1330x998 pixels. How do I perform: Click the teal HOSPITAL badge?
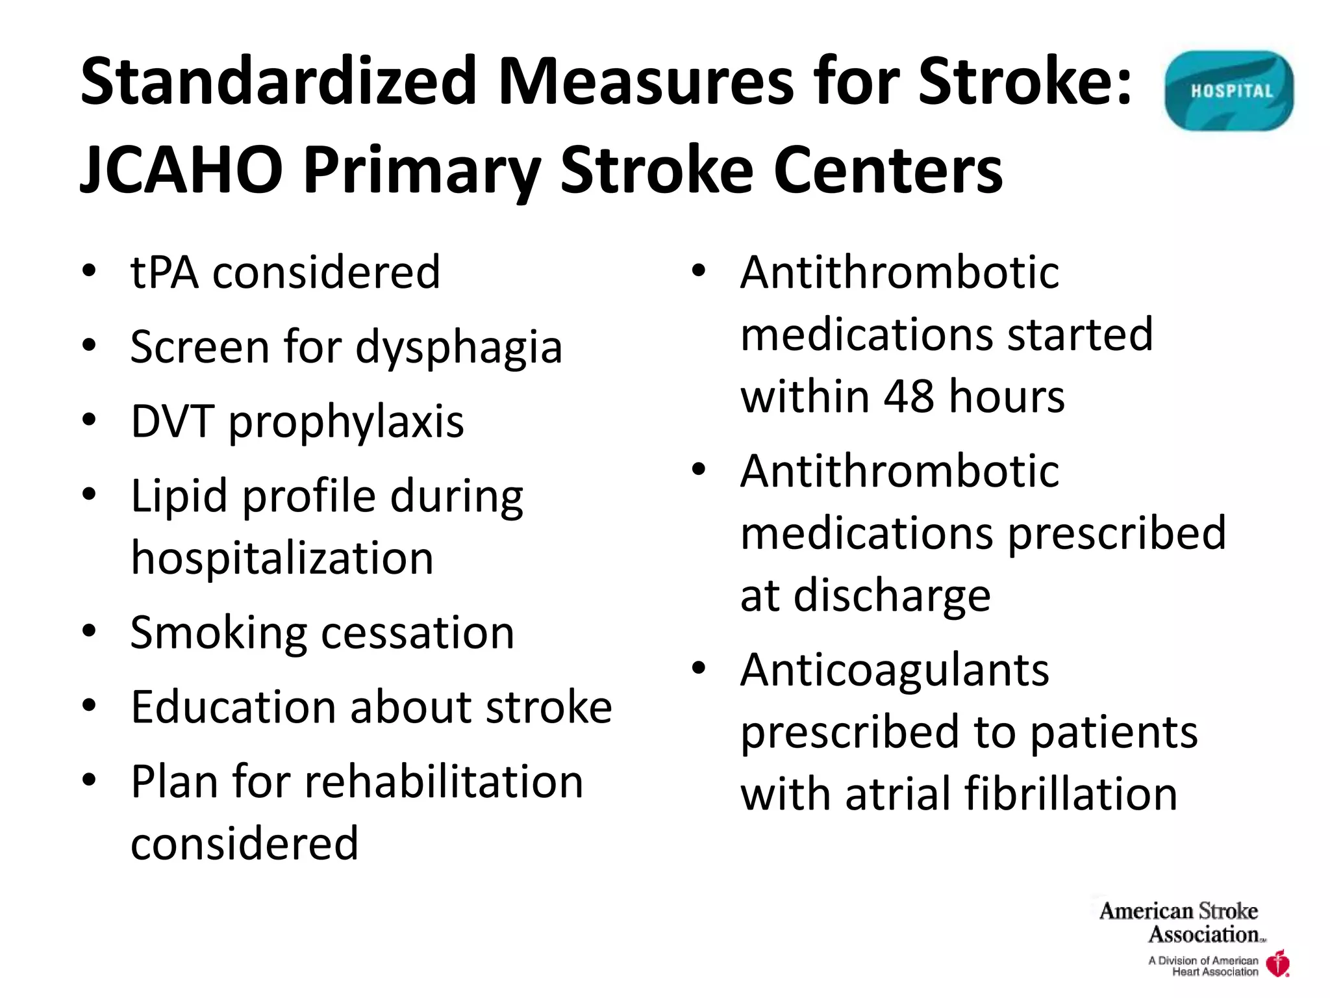click(x=1229, y=91)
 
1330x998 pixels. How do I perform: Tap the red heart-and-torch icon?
click(x=1279, y=963)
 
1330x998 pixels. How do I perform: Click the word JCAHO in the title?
click(x=181, y=170)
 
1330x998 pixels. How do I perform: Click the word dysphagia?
click(x=458, y=348)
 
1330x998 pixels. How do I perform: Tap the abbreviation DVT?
click(x=172, y=422)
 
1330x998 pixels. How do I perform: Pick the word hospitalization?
click(x=282, y=558)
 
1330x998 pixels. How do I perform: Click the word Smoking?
click(x=218, y=633)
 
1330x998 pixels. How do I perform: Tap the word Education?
click(x=232, y=707)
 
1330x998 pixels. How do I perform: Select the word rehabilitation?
click(x=444, y=782)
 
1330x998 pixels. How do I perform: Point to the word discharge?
click(x=892, y=596)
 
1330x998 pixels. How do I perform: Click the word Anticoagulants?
click(x=894, y=670)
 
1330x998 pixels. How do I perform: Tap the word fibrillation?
click(x=1070, y=794)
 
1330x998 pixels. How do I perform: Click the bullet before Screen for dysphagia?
click(x=90, y=344)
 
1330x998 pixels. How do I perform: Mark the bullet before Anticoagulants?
click(x=699, y=668)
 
